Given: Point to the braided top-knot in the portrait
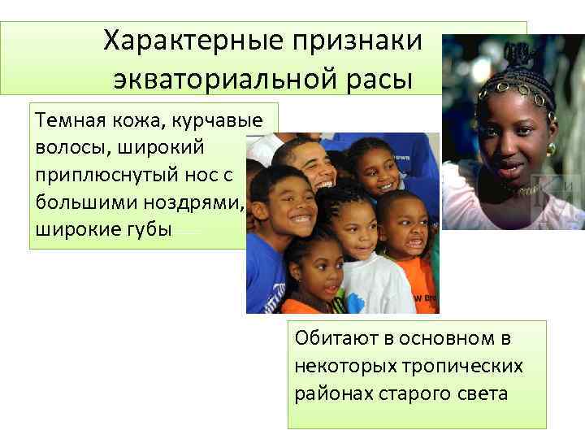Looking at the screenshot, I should tap(514, 55).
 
